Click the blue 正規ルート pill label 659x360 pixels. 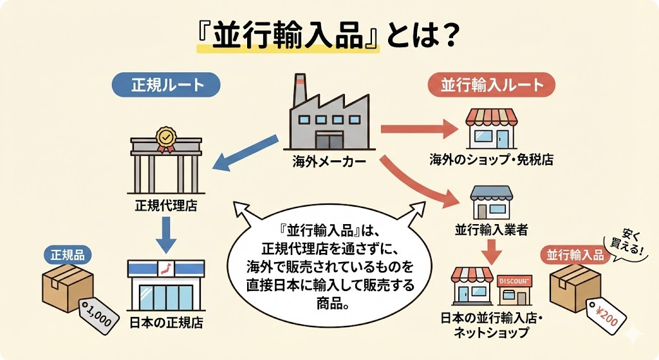[x=167, y=85]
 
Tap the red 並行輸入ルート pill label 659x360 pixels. [x=492, y=85]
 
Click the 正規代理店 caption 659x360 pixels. [x=166, y=206]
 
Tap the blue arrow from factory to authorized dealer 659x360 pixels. [x=245, y=155]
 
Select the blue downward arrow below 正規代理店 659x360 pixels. [x=166, y=234]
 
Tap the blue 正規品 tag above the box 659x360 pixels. [x=68, y=255]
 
